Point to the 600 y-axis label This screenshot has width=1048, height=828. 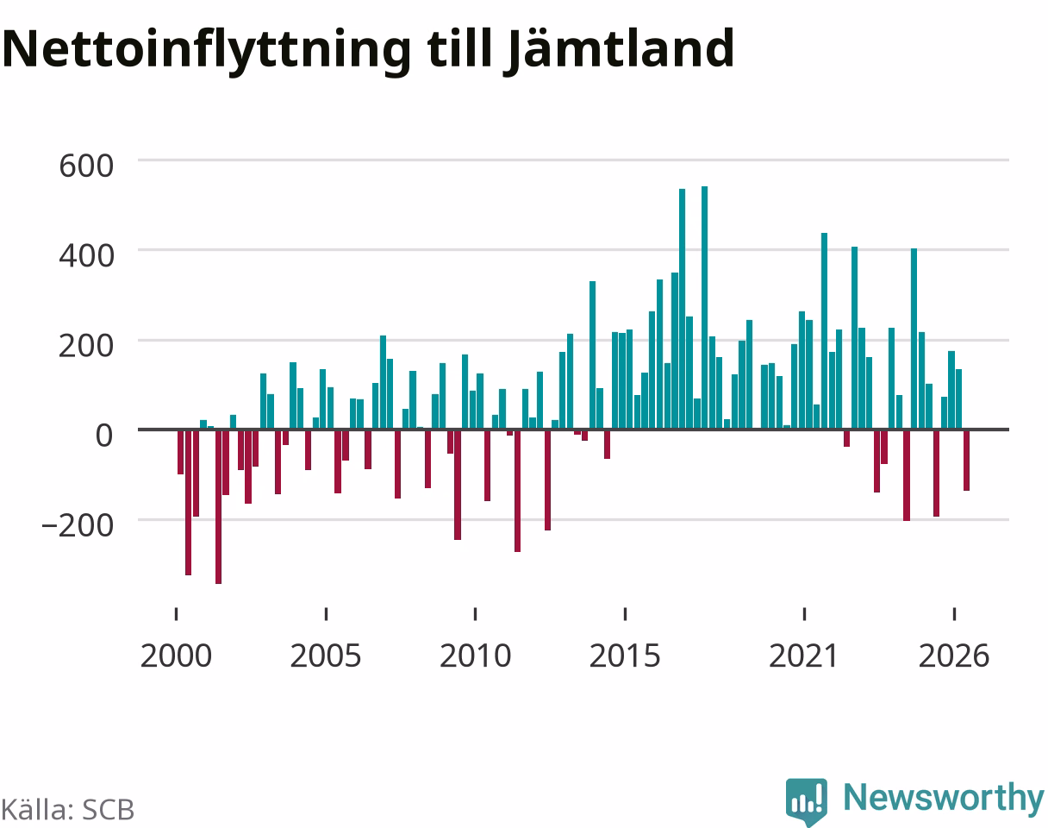click(x=86, y=166)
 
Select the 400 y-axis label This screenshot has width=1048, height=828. click(x=86, y=256)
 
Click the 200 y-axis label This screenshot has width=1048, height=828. click(x=86, y=346)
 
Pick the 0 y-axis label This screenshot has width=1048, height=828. click(x=104, y=436)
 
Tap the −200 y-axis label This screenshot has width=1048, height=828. click(x=78, y=526)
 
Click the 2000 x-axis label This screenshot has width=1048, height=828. click(x=177, y=656)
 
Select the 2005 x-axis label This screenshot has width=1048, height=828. click(x=326, y=656)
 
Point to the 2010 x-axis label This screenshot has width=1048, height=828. click(x=475, y=656)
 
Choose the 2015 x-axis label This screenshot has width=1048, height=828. click(x=625, y=656)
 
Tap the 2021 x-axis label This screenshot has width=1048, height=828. click(x=804, y=656)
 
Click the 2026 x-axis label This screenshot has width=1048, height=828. click(x=954, y=656)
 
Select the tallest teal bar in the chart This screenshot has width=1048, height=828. click(x=705, y=308)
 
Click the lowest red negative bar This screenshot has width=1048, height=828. click(x=219, y=506)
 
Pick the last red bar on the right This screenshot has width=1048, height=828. click(x=967, y=460)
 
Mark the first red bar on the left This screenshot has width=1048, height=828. click(x=181, y=452)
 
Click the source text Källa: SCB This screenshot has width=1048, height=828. click(x=68, y=811)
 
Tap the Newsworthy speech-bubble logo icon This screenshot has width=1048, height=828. click(x=807, y=800)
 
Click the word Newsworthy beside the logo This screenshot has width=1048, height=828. click(x=944, y=798)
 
